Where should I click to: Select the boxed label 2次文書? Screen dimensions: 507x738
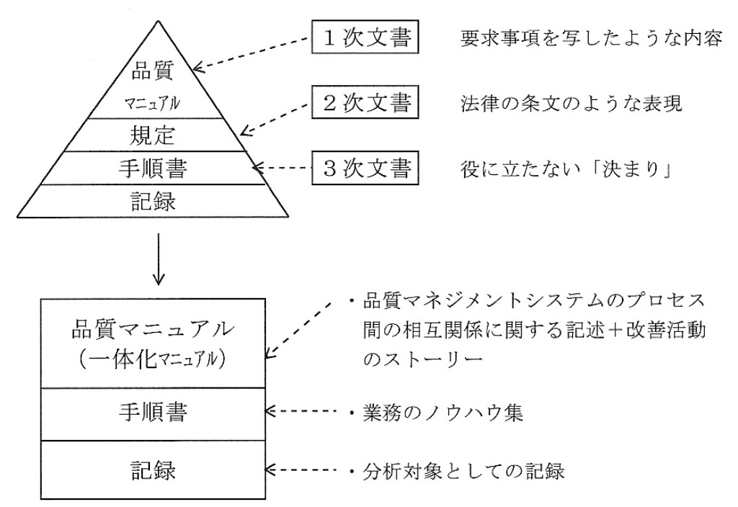(x=365, y=104)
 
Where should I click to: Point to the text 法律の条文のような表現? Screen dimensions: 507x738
(x=570, y=104)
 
